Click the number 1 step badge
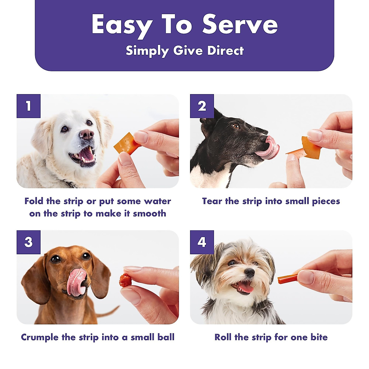pyautogui.click(x=29, y=106)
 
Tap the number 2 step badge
pyautogui.click(x=202, y=106)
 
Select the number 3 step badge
pyautogui.click(x=29, y=242)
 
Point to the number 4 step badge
pyautogui.click(x=202, y=242)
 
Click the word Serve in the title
pyautogui.click(x=240, y=25)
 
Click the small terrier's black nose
pyautogui.click(x=249, y=272)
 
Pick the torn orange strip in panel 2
pyautogui.click(x=309, y=148)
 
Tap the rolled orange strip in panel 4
pyautogui.click(x=287, y=279)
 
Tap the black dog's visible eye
pyautogui.click(x=236, y=126)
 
